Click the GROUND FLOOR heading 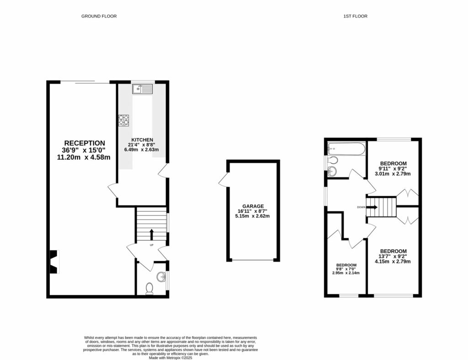pyautogui.click(x=99, y=16)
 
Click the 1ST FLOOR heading pyautogui.click(x=355, y=16)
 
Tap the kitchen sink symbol pyautogui.click(x=143, y=89)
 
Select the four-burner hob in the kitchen pyautogui.click(x=123, y=120)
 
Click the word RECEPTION pyautogui.click(x=84, y=143)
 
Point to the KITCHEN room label pyautogui.click(x=142, y=140)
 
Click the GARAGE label pyautogui.click(x=253, y=206)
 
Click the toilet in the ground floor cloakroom pyautogui.click(x=149, y=289)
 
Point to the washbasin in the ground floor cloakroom pyautogui.click(x=161, y=277)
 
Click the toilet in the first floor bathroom pyautogui.click(x=333, y=160)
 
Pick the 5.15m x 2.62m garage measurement pyautogui.click(x=253, y=216)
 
